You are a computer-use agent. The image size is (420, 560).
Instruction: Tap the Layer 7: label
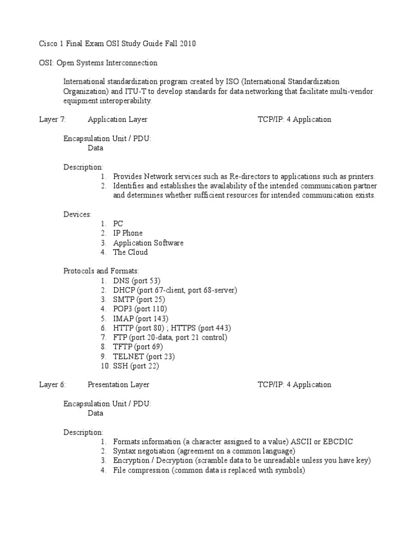tap(52, 119)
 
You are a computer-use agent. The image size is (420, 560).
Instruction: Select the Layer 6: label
tap(52, 384)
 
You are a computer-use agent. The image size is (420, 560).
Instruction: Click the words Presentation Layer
tap(119, 384)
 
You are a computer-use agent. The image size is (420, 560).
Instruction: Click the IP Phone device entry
tap(128, 233)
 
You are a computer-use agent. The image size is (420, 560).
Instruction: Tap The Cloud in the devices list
tap(130, 252)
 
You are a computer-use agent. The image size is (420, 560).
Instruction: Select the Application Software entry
tap(148, 243)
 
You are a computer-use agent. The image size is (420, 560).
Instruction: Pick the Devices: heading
tap(77, 214)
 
